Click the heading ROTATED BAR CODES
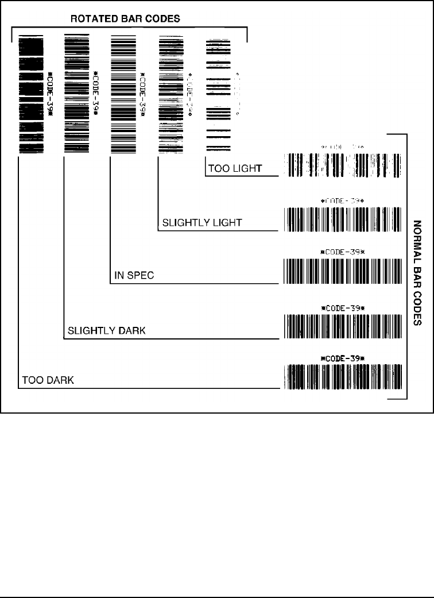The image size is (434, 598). click(125, 19)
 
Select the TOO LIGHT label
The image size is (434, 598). click(235, 169)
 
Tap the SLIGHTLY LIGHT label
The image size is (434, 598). click(194, 222)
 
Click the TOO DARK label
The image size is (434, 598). click(48, 380)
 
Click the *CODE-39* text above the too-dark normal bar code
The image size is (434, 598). click(343, 358)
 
